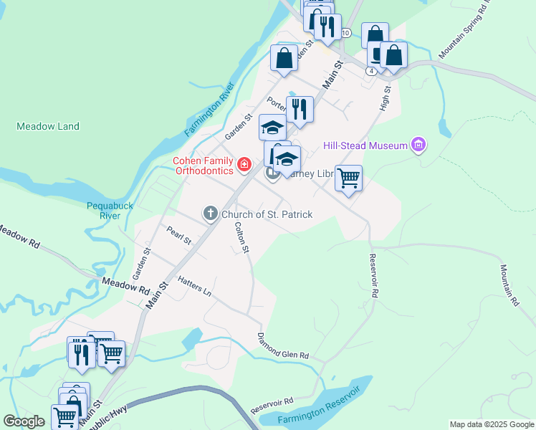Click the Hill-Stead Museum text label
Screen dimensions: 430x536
pos(365,145)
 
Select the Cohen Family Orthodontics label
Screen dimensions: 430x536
pos(203,166)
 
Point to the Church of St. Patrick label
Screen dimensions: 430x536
pos(267,214)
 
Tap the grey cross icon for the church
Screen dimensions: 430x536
pos(210,213)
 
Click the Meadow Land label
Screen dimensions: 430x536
pos(48,126)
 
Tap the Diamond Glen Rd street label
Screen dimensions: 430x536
pos(284,345)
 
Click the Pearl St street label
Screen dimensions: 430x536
pos(178,235)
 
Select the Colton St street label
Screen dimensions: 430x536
pos(242,237)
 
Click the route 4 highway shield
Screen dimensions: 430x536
pos(370,71)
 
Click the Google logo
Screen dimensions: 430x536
pos(24,421)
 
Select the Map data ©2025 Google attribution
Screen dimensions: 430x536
pos(492,424)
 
